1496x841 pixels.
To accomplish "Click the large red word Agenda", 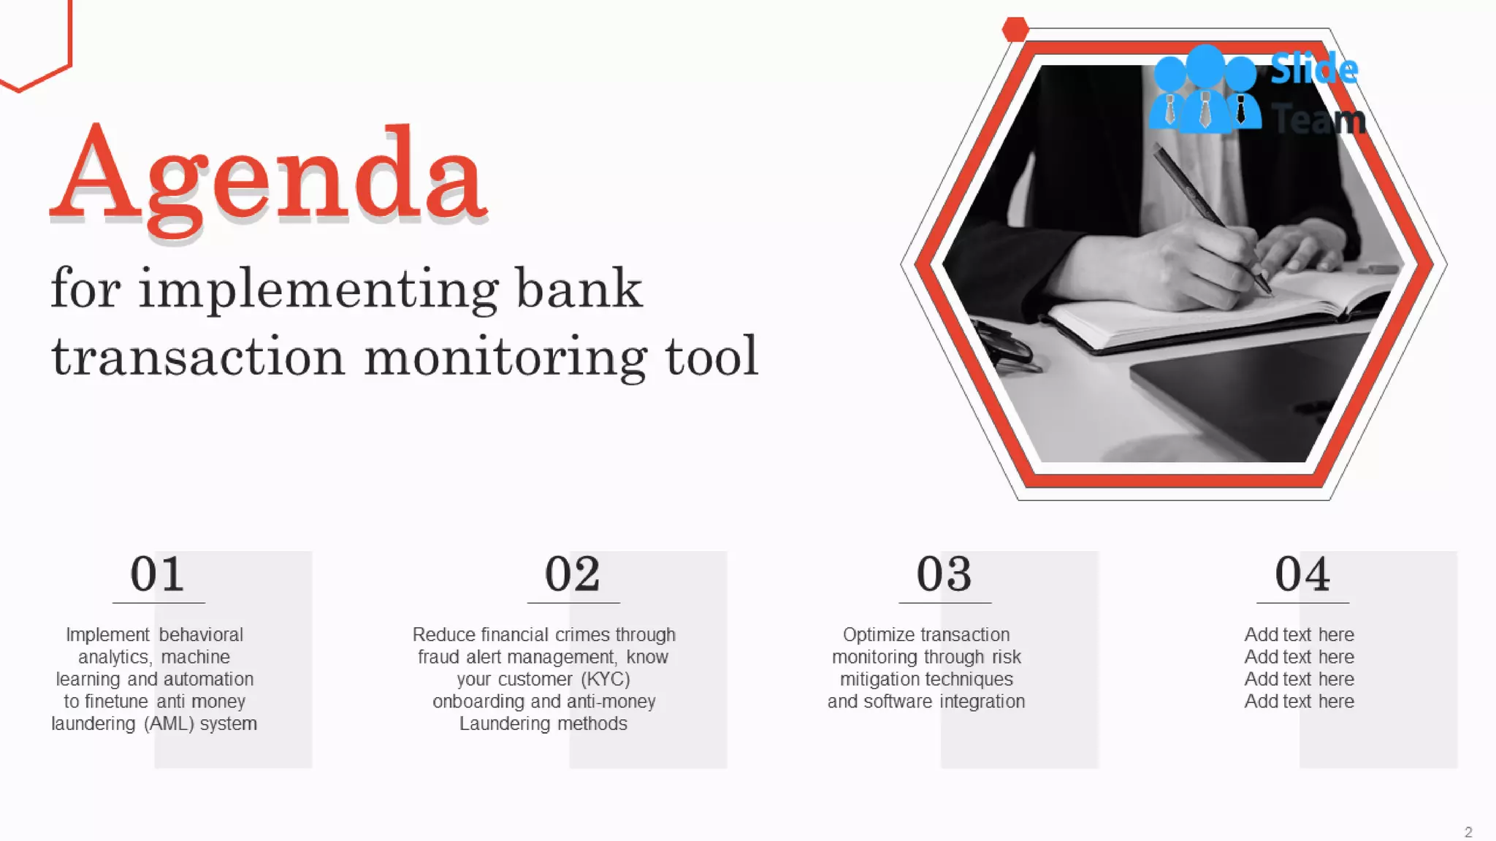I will [268, 177].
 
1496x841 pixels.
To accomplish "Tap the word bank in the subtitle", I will [579, 289].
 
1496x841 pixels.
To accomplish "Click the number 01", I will [157, 574].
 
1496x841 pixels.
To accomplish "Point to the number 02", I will [572, 574].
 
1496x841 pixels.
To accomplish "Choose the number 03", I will [944, 574].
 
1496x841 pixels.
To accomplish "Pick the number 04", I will [1302, 574].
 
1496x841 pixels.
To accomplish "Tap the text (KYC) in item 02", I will [606, 679].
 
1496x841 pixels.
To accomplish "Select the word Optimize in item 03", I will [873, 634].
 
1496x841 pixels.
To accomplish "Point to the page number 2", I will [1468, 832].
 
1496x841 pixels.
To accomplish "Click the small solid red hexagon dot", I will [1015, 29].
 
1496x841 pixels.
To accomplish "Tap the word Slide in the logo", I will [1313, 69].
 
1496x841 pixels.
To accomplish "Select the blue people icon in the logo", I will [1204, 90].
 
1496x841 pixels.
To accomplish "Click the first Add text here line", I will [1299, 634].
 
